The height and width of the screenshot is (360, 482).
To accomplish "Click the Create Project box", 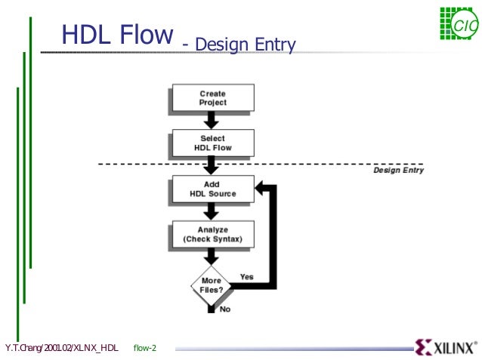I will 212,98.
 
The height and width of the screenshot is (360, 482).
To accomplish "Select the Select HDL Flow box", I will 212,143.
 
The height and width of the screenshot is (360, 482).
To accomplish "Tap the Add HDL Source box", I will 212,189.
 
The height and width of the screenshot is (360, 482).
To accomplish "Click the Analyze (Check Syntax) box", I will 212,235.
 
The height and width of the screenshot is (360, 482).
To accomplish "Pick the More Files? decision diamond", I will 212,285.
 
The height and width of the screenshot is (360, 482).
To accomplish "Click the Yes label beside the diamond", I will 246,277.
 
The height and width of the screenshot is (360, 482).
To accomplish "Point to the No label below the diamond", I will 225,309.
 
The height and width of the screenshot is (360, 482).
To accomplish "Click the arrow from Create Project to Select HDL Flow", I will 212,120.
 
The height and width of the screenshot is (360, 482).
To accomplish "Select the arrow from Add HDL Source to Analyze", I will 212,211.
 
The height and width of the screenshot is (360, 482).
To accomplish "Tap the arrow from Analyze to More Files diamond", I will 212,257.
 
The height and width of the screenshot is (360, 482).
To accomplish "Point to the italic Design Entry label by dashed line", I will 398,170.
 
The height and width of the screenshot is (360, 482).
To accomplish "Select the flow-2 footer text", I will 144,348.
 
